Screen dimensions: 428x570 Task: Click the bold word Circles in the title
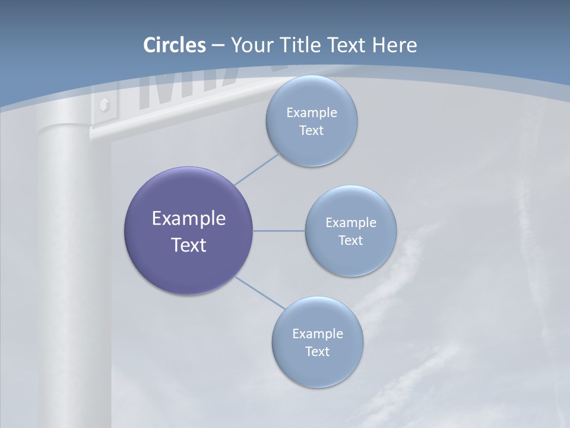pyautogui.click(x=175, y=45)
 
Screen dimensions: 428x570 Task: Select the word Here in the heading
pyautogui.click(x=394, y=45)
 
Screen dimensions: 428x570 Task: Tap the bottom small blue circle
pyautogui.click(x=318, y=369)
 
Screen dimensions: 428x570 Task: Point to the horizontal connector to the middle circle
pyautogui.click(x=279, y=231)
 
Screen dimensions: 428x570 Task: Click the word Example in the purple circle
pyautogui.click(x=188, y=219)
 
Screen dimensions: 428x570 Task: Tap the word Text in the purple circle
pyautogui.click(x=188, y=245)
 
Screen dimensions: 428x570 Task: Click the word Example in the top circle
pyautogui.click(x=312, y=113)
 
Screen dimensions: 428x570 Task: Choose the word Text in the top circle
pyautogui.click(x=312, y=131)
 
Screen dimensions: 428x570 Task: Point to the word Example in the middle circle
pyautogui.click(x=351, y=223)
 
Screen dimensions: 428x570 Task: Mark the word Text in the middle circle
pyautogui.click(x=351, y=241)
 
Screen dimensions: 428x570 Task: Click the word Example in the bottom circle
pyautogui.click(x=318, y=334)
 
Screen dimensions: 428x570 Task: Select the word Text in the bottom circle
pyautogui.click(x=318, y=352)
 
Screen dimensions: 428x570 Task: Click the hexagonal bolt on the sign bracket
pyautogui.click(x=104, y=105)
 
